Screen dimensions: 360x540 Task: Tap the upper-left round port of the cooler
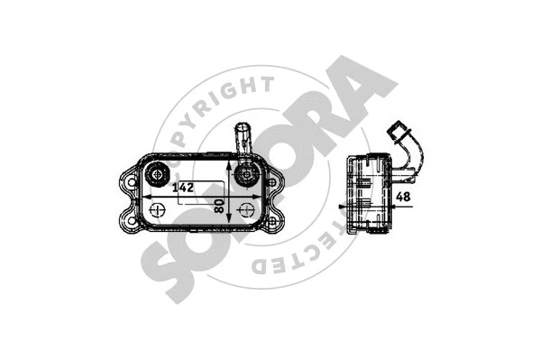159,173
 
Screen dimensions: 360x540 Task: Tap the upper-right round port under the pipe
243,175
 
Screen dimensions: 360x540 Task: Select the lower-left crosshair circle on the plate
159,213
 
